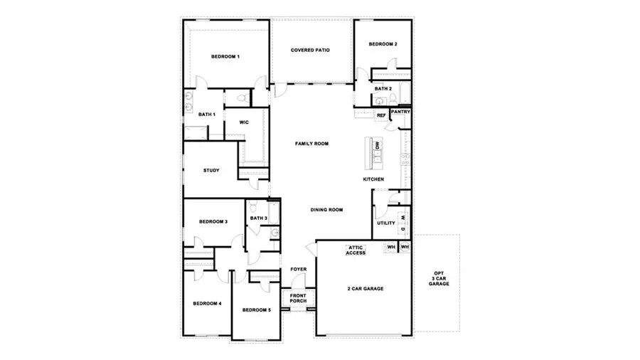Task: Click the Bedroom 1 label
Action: tap(225, 56)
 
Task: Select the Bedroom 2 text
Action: tap(383, 45)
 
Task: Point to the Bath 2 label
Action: tap(383, 89)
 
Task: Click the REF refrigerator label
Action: tap(381, 115)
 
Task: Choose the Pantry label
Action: tap(400, 112)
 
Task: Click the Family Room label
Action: tap(311, 144)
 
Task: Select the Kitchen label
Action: tap(374, 179)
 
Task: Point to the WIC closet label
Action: tap(244, 122)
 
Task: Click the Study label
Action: tap(210, 170)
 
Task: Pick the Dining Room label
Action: tap(326, 210)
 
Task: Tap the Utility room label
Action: tap(386, 223)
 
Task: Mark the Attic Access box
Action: tap(356, 250)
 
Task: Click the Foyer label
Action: tap(298, 270)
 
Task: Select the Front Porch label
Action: tap(298, 298)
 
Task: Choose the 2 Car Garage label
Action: tap(366, 289)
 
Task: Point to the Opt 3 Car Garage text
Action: tap(439, 278)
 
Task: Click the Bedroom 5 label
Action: tap(256, 310)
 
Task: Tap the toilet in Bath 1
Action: tap(242, 97)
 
